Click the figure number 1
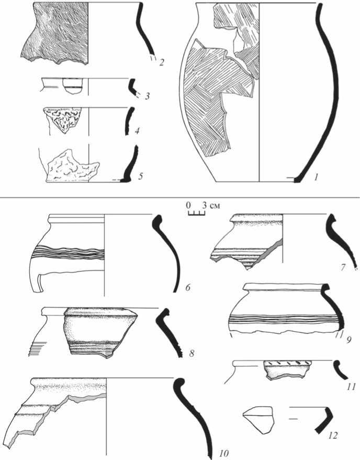pyautogui.click(x=316, y=177)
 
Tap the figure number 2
pyautogui.click(x=161, y=62)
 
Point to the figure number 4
pyautogui.click(x=137, y=131)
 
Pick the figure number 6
pyautogui.click(x=188, y=287)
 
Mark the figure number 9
pyautogui.click(x=348, y=340)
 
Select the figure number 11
pyautogui.click(x=351, y=387)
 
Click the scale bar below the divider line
pyautogui.click(x=196, y=214)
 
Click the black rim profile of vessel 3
pyautogui.click(x=132, y=87)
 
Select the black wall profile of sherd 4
pyautogui.click(x=129, y=120)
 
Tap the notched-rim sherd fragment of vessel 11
pyautogui.click(x=287, y=369)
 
